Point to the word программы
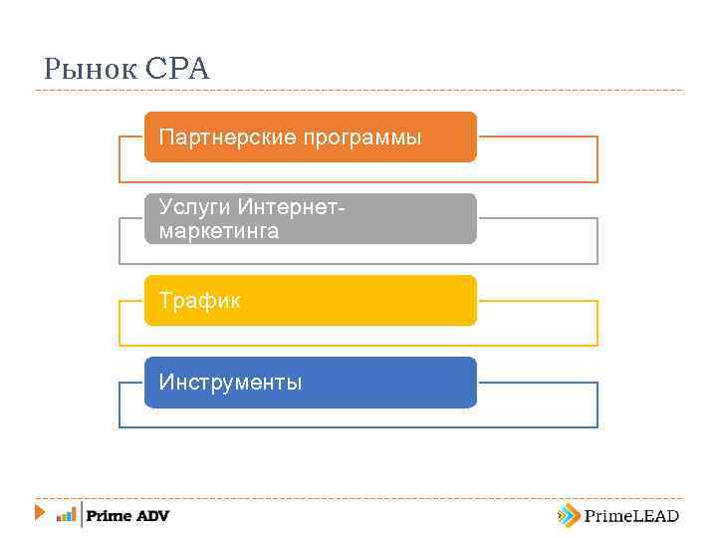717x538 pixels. coord(359,136)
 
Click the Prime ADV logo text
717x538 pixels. coord(127,515)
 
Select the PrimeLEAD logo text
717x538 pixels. coord(631,515)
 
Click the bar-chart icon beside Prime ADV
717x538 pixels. coord(66,515)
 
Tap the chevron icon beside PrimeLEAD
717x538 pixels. coord(568,515)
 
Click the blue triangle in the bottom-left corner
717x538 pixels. coord(39,513)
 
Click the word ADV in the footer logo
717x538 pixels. coord(152,515)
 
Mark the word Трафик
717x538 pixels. coord(200,300)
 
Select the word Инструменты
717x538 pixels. coord(230,382)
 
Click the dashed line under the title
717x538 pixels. coord(358,91)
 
